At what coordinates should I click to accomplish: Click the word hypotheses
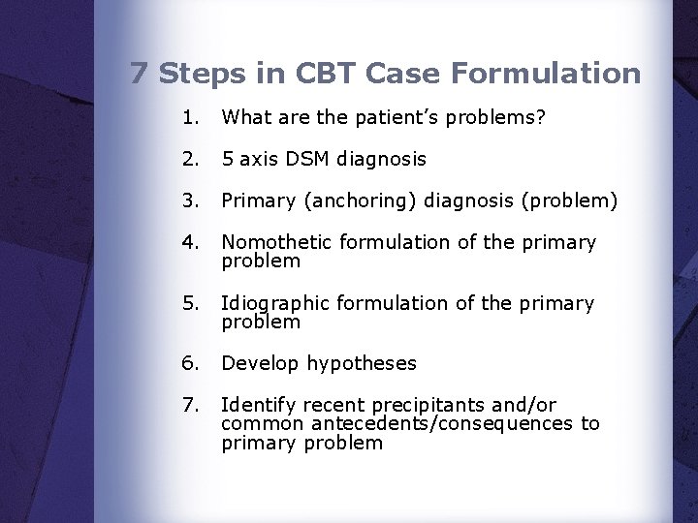pyautogui.click(x=362, y=364)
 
